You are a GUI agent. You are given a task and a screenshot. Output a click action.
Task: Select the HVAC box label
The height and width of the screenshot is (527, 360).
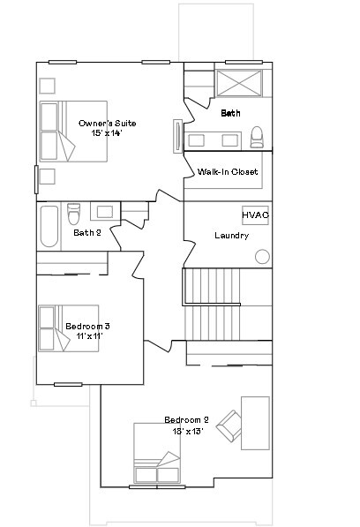pos(255,215)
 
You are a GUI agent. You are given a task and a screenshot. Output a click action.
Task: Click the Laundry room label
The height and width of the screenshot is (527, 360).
pos(231,236)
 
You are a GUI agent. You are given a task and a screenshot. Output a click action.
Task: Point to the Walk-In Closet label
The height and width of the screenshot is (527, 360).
pos(228,172)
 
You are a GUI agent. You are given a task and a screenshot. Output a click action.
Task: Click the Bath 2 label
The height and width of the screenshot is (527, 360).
pos(87,233)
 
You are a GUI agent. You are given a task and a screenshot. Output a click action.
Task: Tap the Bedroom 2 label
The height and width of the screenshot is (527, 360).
pos(186,420)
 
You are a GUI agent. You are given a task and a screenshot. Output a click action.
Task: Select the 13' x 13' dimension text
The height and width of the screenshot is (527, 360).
pos(186,431)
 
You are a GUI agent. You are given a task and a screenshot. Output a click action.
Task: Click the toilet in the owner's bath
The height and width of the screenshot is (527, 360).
pos(257,137)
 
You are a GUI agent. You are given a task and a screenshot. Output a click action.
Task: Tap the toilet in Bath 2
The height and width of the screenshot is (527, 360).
pos(74,215)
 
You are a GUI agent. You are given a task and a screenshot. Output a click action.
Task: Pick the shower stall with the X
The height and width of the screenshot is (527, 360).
pos(240,83)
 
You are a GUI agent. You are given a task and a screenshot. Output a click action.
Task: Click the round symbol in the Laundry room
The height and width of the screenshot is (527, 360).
pos(262,257)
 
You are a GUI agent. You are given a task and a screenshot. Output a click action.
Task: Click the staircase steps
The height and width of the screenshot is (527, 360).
pos(213,301)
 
